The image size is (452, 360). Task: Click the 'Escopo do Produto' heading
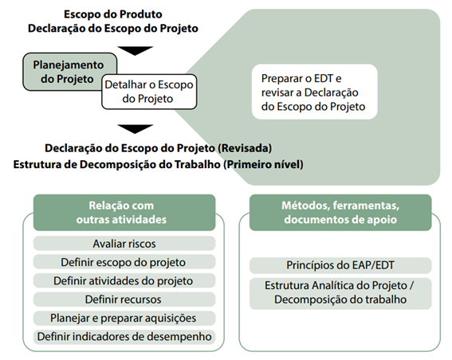[x=112, y=14]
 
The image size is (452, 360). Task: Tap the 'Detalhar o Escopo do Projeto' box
[x=149, y=92]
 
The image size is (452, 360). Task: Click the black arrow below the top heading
[x=135, y=51]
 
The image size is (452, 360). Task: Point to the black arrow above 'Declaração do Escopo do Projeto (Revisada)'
[x=135, y=129]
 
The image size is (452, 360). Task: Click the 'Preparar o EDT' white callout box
[x=315, y=92]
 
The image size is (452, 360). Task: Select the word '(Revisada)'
[x=245, y=148]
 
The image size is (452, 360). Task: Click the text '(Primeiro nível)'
[x=263, y=164]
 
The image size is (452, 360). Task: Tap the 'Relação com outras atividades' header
[x=124, y=213]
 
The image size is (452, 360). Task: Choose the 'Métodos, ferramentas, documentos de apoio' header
[x=340, y=213]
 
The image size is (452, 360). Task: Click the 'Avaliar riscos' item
[x=124, y=244]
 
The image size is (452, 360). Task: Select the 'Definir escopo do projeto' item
[x=124, y=262]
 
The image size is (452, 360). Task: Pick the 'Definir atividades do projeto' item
[x=124, y=281]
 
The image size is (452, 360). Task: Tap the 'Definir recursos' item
[x=124, y=299]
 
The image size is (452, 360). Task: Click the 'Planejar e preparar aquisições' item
[x=124, y=318]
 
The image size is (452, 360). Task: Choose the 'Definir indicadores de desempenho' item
[x=124, y=337]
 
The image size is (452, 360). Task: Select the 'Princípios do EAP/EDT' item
[x=340, y=265]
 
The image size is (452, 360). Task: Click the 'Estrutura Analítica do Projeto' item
[x=340, y=293]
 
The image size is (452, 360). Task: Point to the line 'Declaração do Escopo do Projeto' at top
[x=112, y=28]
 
